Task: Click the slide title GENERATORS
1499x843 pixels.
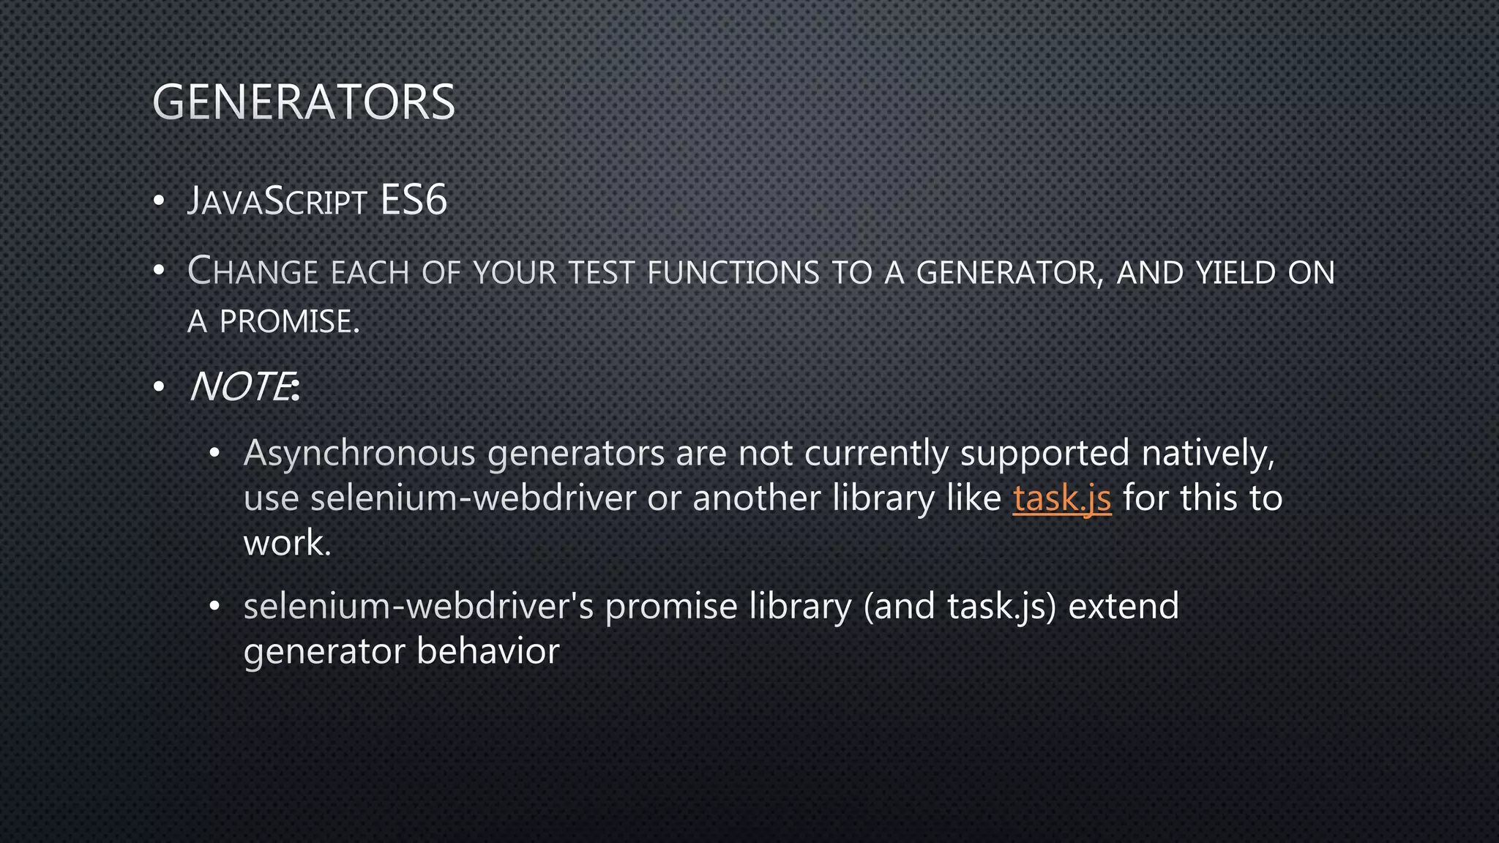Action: pos(304,102)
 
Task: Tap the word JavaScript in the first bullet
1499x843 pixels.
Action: pos(277,201)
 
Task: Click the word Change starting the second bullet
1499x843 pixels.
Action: pos(253,271)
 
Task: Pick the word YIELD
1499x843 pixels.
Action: pos(1236,273)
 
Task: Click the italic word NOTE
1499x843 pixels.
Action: pos(240,386)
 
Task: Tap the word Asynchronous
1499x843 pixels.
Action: pos(359,453)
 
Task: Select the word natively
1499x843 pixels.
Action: pos(1208,453)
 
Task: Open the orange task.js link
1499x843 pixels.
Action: pos(1062,498)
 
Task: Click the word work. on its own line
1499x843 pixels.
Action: pos(287,543)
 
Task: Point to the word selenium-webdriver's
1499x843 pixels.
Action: pos(418,606)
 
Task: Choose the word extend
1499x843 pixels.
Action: pos(1124,606)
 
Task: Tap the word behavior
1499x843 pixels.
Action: pos(487,651)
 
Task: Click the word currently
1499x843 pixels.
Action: pos(876,453)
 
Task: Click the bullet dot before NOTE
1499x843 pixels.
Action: pos(159,387)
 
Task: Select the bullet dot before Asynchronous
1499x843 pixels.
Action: pos(214,454)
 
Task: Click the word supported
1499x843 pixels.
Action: pos(1044,453)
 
